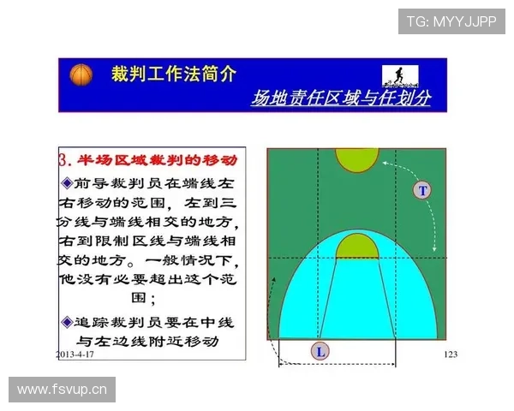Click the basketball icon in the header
click(81, 75)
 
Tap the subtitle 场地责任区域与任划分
click(340, 98)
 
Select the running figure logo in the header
click(402, 77)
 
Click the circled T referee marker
click(421, 190)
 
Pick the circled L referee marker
click(320, 351)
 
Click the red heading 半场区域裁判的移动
click(157, 160)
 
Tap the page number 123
click(451, 354)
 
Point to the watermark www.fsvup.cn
click(61, 390)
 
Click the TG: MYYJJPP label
click(451, 21)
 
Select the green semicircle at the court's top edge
click(356, 158)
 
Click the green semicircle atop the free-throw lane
click(356, 247)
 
